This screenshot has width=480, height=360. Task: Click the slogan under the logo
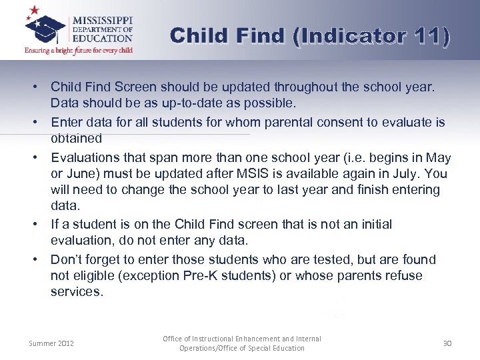point(79,50)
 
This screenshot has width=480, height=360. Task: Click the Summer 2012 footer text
point(51,343)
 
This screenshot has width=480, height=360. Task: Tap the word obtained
point(76,139)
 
